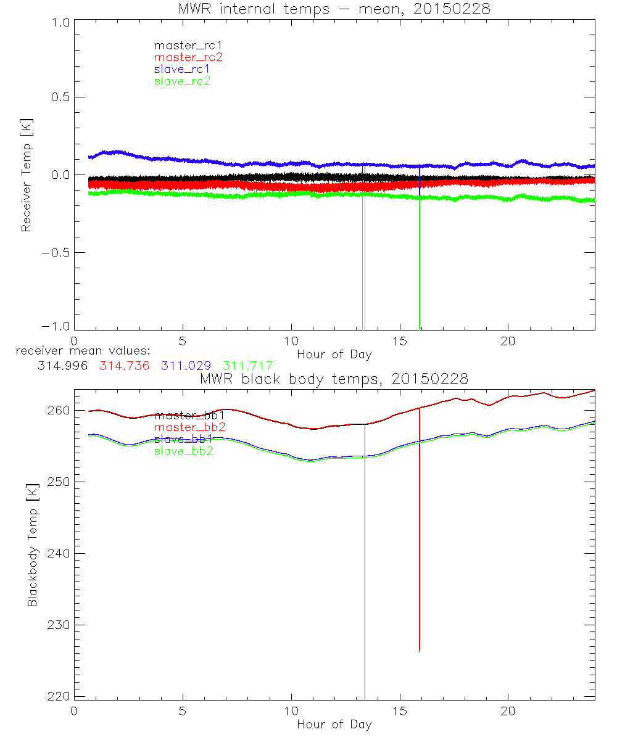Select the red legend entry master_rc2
[188, 57]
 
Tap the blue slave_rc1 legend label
[182, 69]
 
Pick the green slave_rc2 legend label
[182, 81]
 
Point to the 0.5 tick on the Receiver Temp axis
[58, 97]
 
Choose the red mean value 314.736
[123, 366]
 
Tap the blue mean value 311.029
[185, 366]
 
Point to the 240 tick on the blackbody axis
[57, 553]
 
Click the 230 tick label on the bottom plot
[57, 625]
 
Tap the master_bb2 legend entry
[189, 427]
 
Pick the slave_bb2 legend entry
[183, 451]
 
